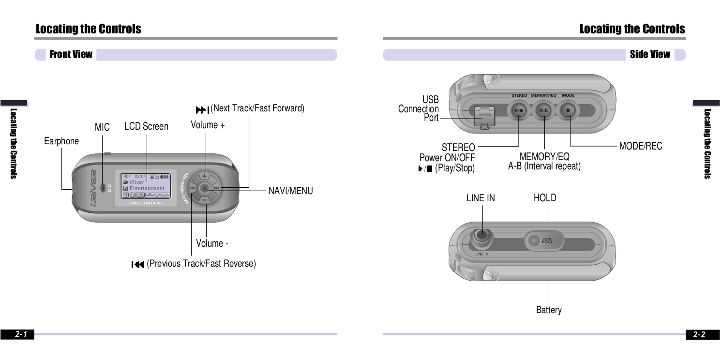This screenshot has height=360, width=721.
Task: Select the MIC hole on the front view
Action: click(x=103, y=187)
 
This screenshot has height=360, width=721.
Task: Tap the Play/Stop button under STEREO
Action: click(x=518, y=110)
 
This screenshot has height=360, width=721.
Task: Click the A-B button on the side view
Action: click(x=543, y=110)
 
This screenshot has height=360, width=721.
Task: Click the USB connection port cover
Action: click(x=482, y=117)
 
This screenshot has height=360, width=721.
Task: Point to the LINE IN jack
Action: click(x=482, y=236)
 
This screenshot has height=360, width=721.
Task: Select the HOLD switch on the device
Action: click(x=544, y=240)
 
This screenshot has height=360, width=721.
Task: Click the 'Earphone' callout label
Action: click(x=61, y=141)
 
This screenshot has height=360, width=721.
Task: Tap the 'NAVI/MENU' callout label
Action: click(x=290, y=191)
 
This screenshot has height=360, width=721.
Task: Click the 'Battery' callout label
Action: click(x=549, y=310)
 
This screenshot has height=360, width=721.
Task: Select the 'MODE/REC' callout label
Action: click(x=640, y=146)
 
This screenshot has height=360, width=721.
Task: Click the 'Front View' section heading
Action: click(x=71, y=55)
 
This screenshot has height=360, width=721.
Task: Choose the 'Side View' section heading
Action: click(x=649, y=55)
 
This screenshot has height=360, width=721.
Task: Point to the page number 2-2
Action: click(x=699, y=334)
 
